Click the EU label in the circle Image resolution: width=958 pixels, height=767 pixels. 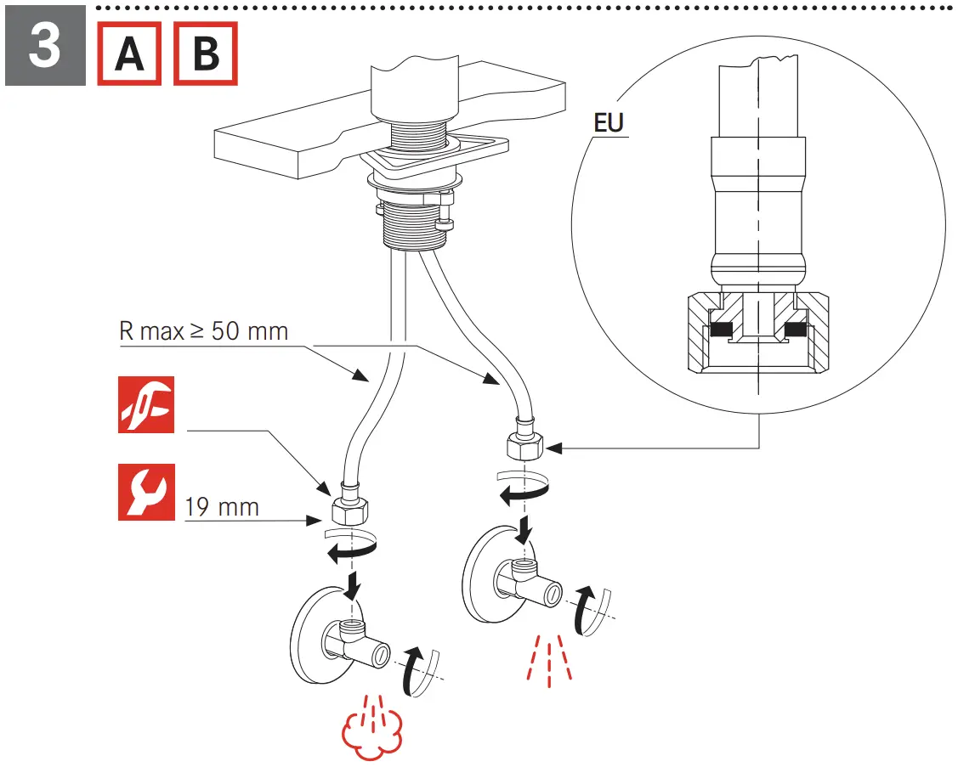609,123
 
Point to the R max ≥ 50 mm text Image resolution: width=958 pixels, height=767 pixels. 204,330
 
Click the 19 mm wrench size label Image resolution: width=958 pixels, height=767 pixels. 222,508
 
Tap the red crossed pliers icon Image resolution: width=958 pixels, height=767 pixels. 145,404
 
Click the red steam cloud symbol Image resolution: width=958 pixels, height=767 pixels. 371,731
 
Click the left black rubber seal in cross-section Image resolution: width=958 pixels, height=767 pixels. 722,330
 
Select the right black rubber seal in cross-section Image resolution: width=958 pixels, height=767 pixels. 796,330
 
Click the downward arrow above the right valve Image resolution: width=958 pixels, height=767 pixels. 526,527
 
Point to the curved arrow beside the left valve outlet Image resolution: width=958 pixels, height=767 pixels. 414,670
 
